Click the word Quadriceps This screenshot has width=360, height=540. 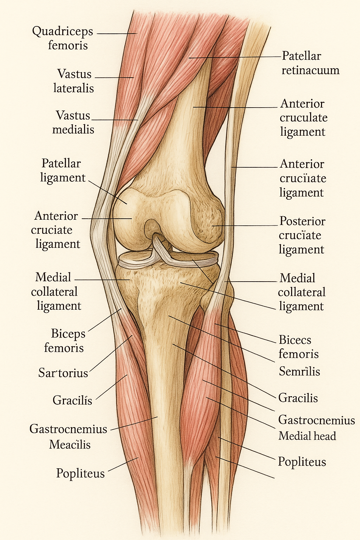tap(63, 32)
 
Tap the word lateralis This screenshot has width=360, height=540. tap(73, 88)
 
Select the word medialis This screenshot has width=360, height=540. tap(73, 129)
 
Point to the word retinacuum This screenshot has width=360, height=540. tap(310, 70)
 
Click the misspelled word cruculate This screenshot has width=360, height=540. tap(303, 118)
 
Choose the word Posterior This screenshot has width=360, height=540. tap(302, 221)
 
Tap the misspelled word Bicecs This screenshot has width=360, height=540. tap(295, 340)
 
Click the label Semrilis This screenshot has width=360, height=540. tap(299, 371)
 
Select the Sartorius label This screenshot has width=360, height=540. tap(63, 373)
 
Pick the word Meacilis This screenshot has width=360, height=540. tap(70, 445)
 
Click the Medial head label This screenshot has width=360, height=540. tap(307, 436)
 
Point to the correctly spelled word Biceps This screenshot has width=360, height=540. tap(68, 334)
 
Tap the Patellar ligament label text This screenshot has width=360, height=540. tap(62, 171)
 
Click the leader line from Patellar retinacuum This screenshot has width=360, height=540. tap(236, 57)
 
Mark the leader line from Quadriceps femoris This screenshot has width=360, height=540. tap(116, 34)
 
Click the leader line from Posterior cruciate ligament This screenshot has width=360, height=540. tap(246, 225)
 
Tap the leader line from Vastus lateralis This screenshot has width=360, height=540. tap(114, 77)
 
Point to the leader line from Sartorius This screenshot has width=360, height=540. tap(111, 353)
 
